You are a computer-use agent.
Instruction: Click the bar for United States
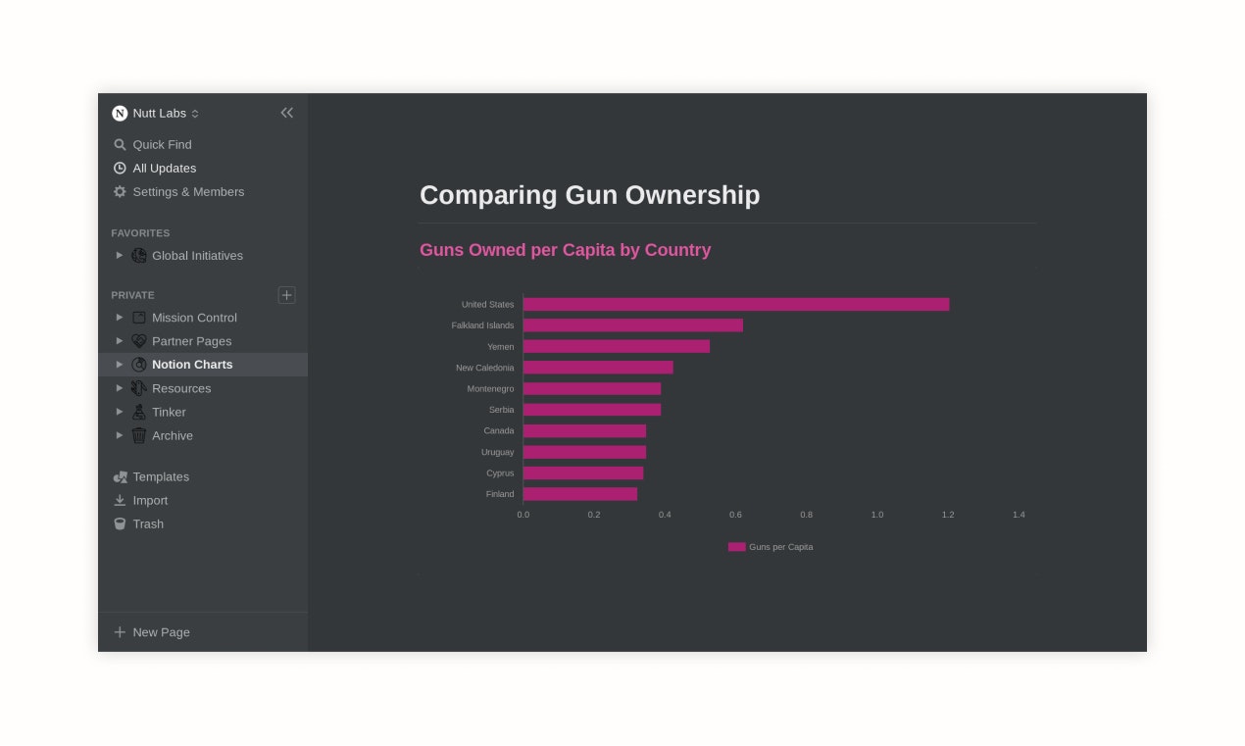tap(735, 304)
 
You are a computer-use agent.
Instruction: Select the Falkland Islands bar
tap(632, 325)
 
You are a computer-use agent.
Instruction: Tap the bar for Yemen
tap(616, 346)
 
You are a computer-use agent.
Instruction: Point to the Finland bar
tap(579, 494)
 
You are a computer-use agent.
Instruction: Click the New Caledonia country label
tap(484, 368)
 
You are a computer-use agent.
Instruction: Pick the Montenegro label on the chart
tap(490, 389)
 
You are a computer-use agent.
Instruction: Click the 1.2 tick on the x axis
tap(948, 515)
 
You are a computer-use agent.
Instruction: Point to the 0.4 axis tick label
tap(665, 515)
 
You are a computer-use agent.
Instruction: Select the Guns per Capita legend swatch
tap(736, 547)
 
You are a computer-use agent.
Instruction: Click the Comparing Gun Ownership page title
tap(589, 195)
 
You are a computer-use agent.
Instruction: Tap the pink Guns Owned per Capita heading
tap(565, 250)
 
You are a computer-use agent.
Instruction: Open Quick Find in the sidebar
tap(162, 144)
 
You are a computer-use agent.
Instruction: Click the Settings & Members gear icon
tap(120, 192)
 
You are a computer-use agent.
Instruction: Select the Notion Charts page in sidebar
tap(192, 365)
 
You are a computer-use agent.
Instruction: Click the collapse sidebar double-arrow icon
tap(287, 113)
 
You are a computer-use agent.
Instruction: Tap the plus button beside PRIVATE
tap(286, 295)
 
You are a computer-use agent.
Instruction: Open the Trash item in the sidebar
tap(148, 523)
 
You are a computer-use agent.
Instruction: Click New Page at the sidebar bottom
tap(161, 632)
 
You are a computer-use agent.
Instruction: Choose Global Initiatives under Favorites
tap(197, 256)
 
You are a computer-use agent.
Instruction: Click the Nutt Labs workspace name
tap(159, 114)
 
